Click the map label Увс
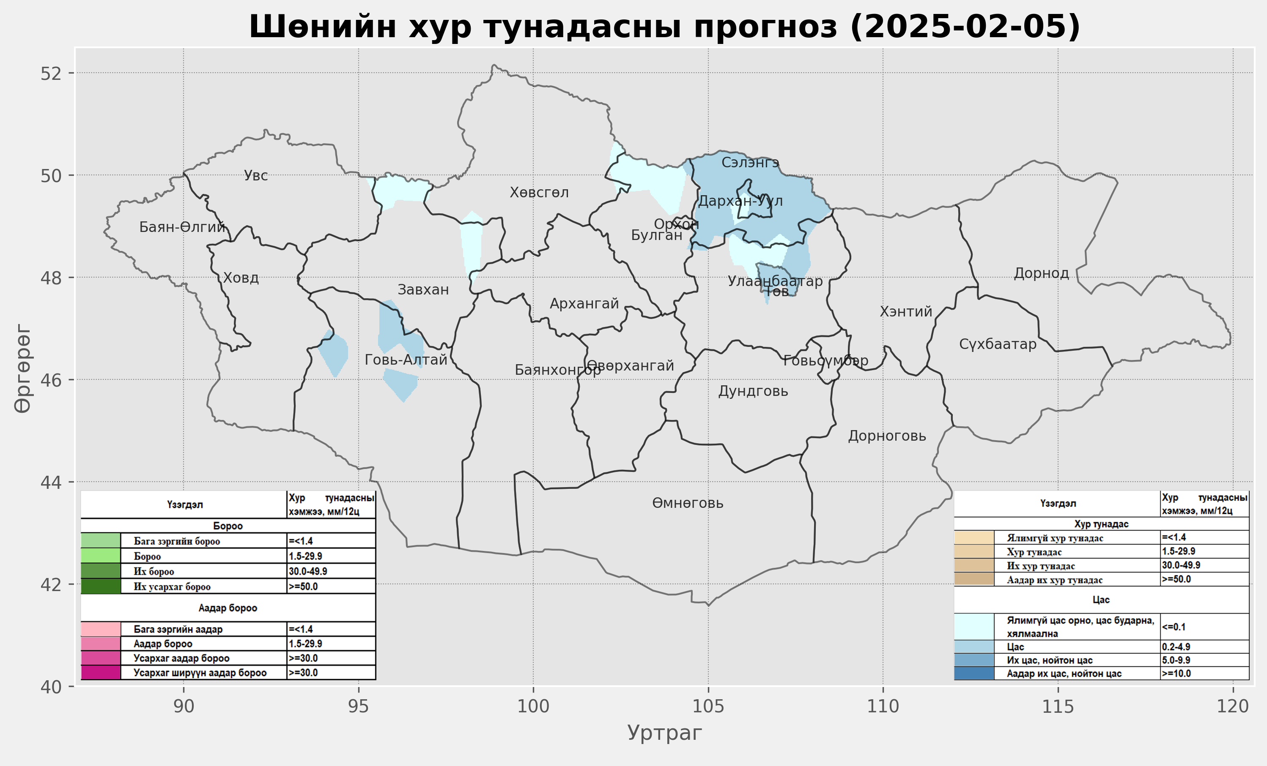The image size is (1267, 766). [x=255, y=176]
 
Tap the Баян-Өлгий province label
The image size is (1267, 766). [x=182, y=227]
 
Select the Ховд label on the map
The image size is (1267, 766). [x=241, y=278]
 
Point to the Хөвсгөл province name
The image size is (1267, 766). [x=539, y=193]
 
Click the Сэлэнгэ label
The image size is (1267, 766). [x=750, y=163]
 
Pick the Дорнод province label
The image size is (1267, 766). [x=1041, y=273]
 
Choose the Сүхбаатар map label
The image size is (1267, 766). [x=998, y=344]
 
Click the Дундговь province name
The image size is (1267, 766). [x=753, y=392]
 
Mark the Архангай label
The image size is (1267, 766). [x=584, y=304]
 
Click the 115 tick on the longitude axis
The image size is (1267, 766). [x=1058, y=707]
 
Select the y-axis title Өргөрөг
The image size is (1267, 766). [x=23, y=368]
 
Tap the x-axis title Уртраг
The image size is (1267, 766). [x=664, y=733]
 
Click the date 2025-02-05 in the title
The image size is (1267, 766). [x=965, y=27]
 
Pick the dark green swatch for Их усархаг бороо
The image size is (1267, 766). [x=101, y=586]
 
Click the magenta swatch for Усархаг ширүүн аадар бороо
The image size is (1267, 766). [x=101, y=673]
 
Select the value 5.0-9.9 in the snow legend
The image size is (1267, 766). [x=1176, y=660]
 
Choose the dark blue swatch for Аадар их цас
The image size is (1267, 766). [x=974, y=673]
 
